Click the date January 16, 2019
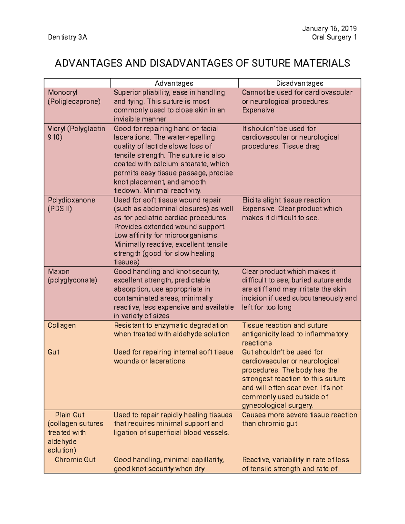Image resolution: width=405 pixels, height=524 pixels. pyautogui.click(x=329, y=28)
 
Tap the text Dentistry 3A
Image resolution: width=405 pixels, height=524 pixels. pyautogui.click(x=67, y=37)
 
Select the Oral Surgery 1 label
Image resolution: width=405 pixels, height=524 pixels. pyautogui.click(x=334, y=37)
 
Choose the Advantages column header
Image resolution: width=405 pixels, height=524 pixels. pyautogui.click(x=174, y=83)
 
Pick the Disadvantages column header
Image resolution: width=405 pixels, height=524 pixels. pyautogui.click(x=299, y=83)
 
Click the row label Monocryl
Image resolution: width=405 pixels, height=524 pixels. pyautogui.click(x=62, y=92)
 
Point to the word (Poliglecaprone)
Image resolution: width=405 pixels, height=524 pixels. pyautogui.click(x=74, y=102)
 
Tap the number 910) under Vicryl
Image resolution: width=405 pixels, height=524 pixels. pyautogui.click(x=55, y=137)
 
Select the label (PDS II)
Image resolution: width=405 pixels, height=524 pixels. pyautogui.click(x=60, y=209)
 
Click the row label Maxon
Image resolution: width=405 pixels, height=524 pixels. pyautogui.click(x=59, y=271)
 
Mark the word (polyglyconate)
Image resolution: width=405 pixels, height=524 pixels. pyautogui.click(x=72, y=280)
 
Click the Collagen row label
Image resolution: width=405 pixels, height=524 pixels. pyautogui.click(x=61, y=325)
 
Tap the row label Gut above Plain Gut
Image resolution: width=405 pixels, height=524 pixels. pyautogui.click(x=53, y=352)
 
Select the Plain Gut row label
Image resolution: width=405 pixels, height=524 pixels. pyautogui.click(x=70, y=415)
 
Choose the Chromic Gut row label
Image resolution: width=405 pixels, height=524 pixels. pyautogui.click(x=75, y=460)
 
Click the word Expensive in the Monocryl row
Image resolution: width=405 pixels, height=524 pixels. pyautogui.click(x=258, y=110)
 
